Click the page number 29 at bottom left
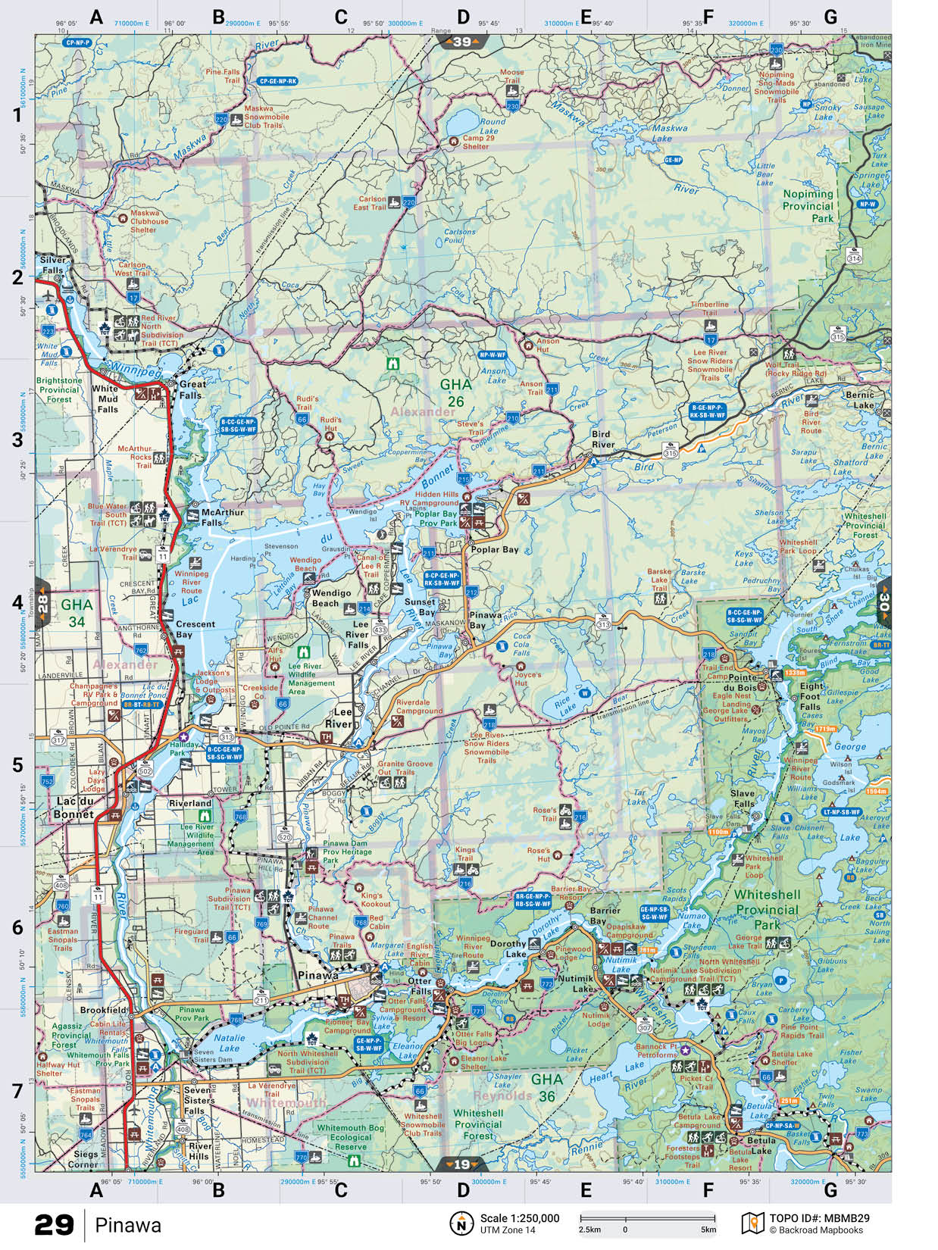click(54, 1225)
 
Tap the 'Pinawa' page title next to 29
click(129, 1225)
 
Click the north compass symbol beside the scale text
click(461, 1223)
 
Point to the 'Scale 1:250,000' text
click(520, 1218)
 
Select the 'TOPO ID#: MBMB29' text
click(819, 1218)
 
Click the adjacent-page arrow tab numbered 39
click(462, 42)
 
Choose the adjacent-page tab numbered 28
click(42, 604)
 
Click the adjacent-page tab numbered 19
click(462, 1164)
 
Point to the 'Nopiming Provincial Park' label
click(808, 206)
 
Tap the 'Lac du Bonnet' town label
click(73, 808)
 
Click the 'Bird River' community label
click(603, 439)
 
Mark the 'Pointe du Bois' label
click(744, 683)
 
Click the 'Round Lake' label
click(492, 126)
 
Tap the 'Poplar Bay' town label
click(495, 549)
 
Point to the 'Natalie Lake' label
click(229, 1043)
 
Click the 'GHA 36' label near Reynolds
click(546, 1087)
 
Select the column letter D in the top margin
click(463, 17)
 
